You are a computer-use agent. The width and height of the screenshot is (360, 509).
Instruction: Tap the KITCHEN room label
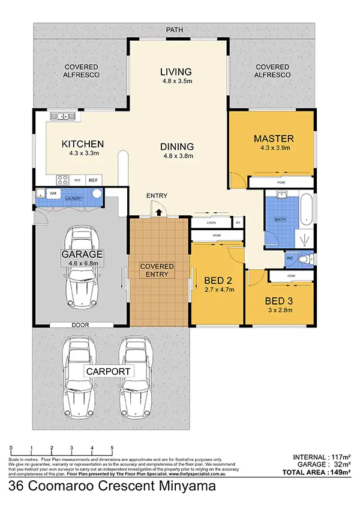[x=83, y=144]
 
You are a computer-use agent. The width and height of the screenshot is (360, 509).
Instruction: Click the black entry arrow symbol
[x=158, y=210]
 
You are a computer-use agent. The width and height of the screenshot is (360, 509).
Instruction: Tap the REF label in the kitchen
[x=93, y=179]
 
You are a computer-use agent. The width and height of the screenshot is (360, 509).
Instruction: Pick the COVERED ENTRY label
[x=157, y=270]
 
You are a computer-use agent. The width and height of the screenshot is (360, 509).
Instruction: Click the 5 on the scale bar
[x=112, y=448]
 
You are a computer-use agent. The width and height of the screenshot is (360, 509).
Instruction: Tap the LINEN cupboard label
[x=211, y=223]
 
